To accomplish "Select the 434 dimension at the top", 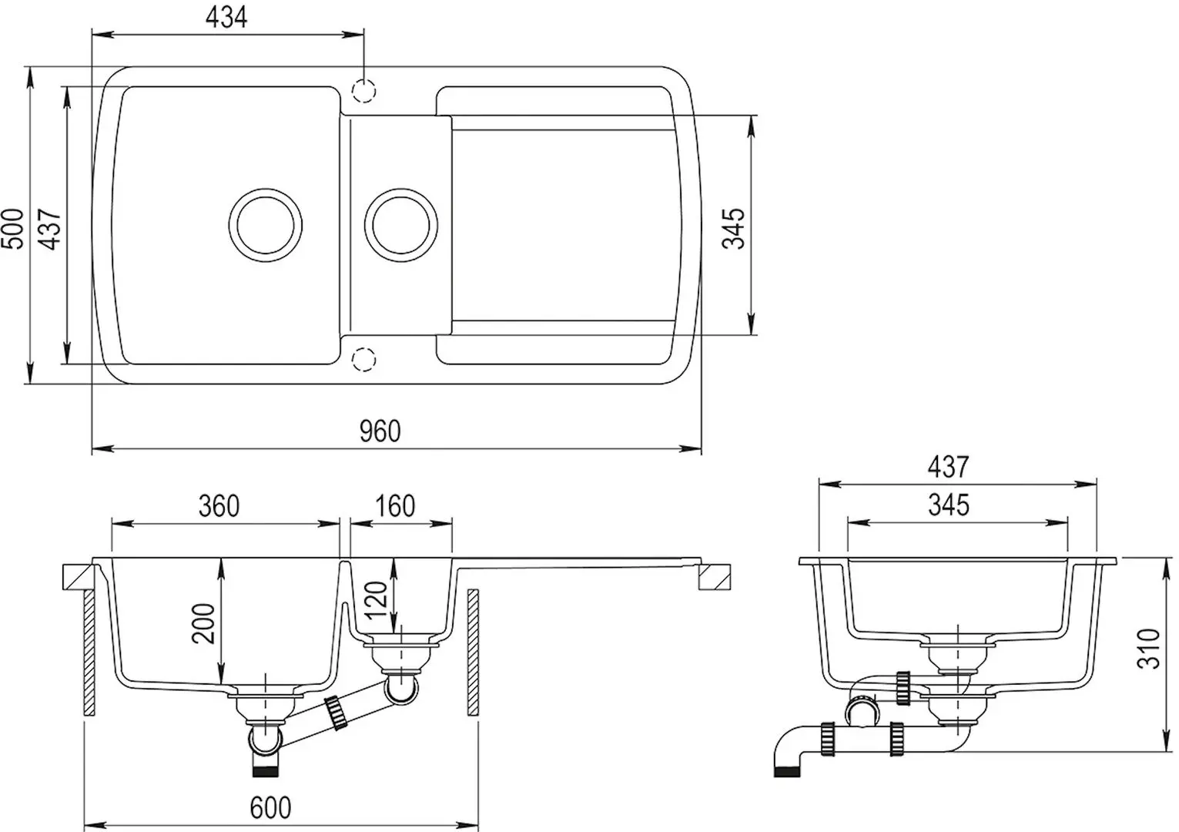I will [227, 17].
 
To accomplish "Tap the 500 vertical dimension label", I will [13, 228].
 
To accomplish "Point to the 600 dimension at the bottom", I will [271, 807].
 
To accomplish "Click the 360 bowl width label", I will [219, 506].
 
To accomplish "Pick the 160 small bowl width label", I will [395, 506].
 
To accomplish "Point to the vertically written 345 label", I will [735, 228].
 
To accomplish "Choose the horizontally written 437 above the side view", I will [948, 467].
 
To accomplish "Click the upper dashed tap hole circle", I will [363, 92].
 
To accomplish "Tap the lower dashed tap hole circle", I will [363, 358].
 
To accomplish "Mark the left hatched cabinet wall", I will [89, 653].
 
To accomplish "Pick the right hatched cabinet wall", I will [473, 653].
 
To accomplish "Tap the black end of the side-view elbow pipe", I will [785, 771].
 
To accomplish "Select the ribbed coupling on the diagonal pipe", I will [336, 713].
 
